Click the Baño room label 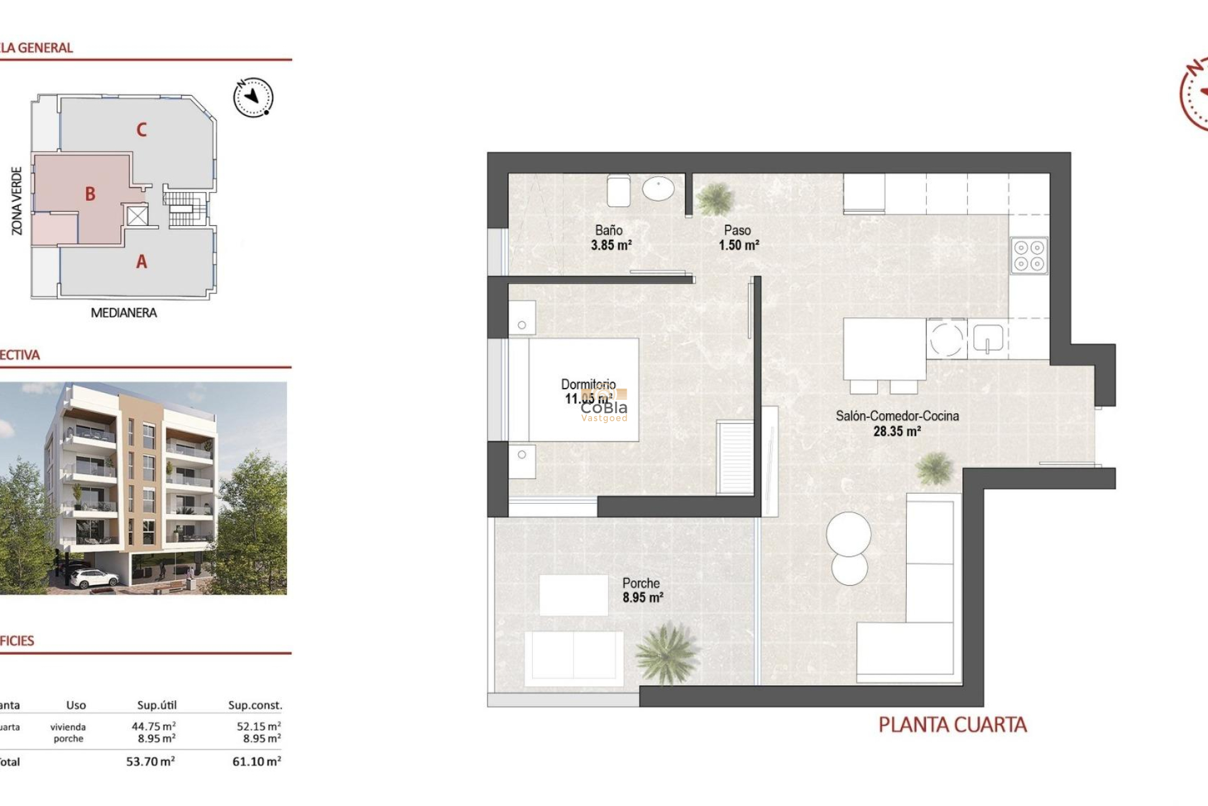(608, 230)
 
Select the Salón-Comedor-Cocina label (897, 416)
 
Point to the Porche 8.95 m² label (642, 591)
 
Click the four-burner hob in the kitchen (1029, 255)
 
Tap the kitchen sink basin (988, 338)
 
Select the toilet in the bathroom (618, 190)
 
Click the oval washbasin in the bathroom (658, 188)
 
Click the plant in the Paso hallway (716, 198)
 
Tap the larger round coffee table (849, 534)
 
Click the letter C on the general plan (142, 130)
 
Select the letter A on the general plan (142, 261)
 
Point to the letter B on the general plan (91, 194)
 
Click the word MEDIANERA (124, 313)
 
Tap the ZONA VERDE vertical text (17, 201)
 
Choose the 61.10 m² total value (257, 761)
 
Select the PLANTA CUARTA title (952, 725)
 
